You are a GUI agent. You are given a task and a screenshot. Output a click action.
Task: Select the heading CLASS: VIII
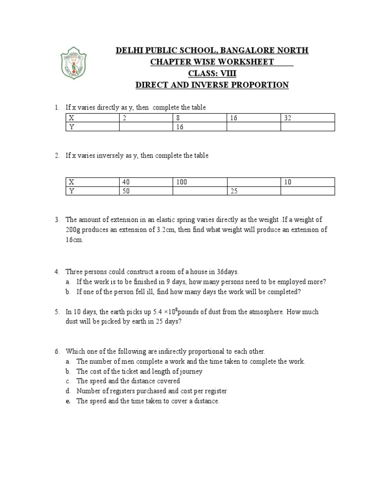[x=213, y=74]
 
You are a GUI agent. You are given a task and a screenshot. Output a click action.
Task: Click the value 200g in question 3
[x=74, y=230]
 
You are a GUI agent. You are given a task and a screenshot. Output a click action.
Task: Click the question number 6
[x=56, y=351]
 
